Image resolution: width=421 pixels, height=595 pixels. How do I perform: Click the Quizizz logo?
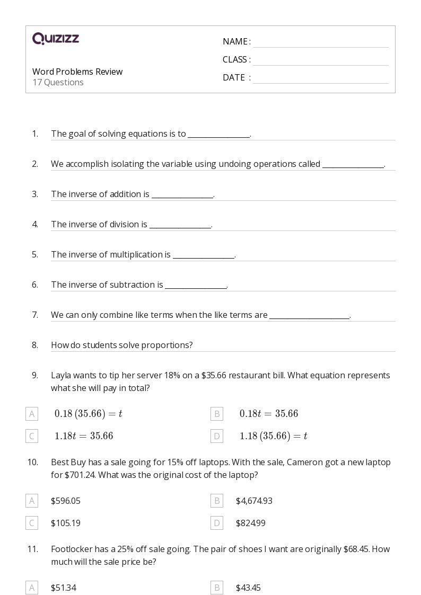click(56, 39)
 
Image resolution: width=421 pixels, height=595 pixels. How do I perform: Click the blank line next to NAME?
click(320, 43)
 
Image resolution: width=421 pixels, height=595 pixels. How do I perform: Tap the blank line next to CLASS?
click(320, 61)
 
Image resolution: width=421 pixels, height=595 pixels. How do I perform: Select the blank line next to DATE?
click(320, 79)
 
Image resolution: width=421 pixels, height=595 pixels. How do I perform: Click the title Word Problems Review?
click(77, 72)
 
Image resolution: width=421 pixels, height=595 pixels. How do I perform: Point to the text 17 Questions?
click(58, 83)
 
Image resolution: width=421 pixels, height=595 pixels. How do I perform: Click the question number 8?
click(35, 345)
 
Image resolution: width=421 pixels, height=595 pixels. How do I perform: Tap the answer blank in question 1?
click(218, 135)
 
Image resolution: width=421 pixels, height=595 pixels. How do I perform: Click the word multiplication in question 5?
click(140, 255)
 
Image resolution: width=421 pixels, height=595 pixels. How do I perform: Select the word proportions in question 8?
click(170, 345)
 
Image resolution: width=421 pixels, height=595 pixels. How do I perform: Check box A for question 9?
click(32, 414)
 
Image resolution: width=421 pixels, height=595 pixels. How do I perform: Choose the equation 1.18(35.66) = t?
click(273, 436)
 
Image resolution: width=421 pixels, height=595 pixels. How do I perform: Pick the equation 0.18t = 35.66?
click(269, 414)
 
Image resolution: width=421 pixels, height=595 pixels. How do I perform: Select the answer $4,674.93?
click(254, 501)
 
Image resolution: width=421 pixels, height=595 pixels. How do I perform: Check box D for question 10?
click(216, 523)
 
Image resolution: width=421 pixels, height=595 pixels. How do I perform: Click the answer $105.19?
click(66, 523)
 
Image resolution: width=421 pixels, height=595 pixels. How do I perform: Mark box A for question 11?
click(32, 588)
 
